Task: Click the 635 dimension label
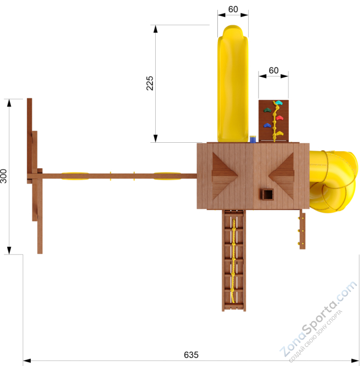click(191, 355)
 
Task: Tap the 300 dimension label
click(4, 176)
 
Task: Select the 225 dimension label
click(149, 83)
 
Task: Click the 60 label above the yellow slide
click(233, 9)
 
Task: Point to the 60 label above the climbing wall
click(273, 70)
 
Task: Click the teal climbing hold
click(278, 102)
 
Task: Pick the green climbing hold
click(268, 110)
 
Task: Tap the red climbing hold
click(280, 118)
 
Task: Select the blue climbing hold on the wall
click(268, 125)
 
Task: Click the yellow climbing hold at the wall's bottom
click(279, 133)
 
